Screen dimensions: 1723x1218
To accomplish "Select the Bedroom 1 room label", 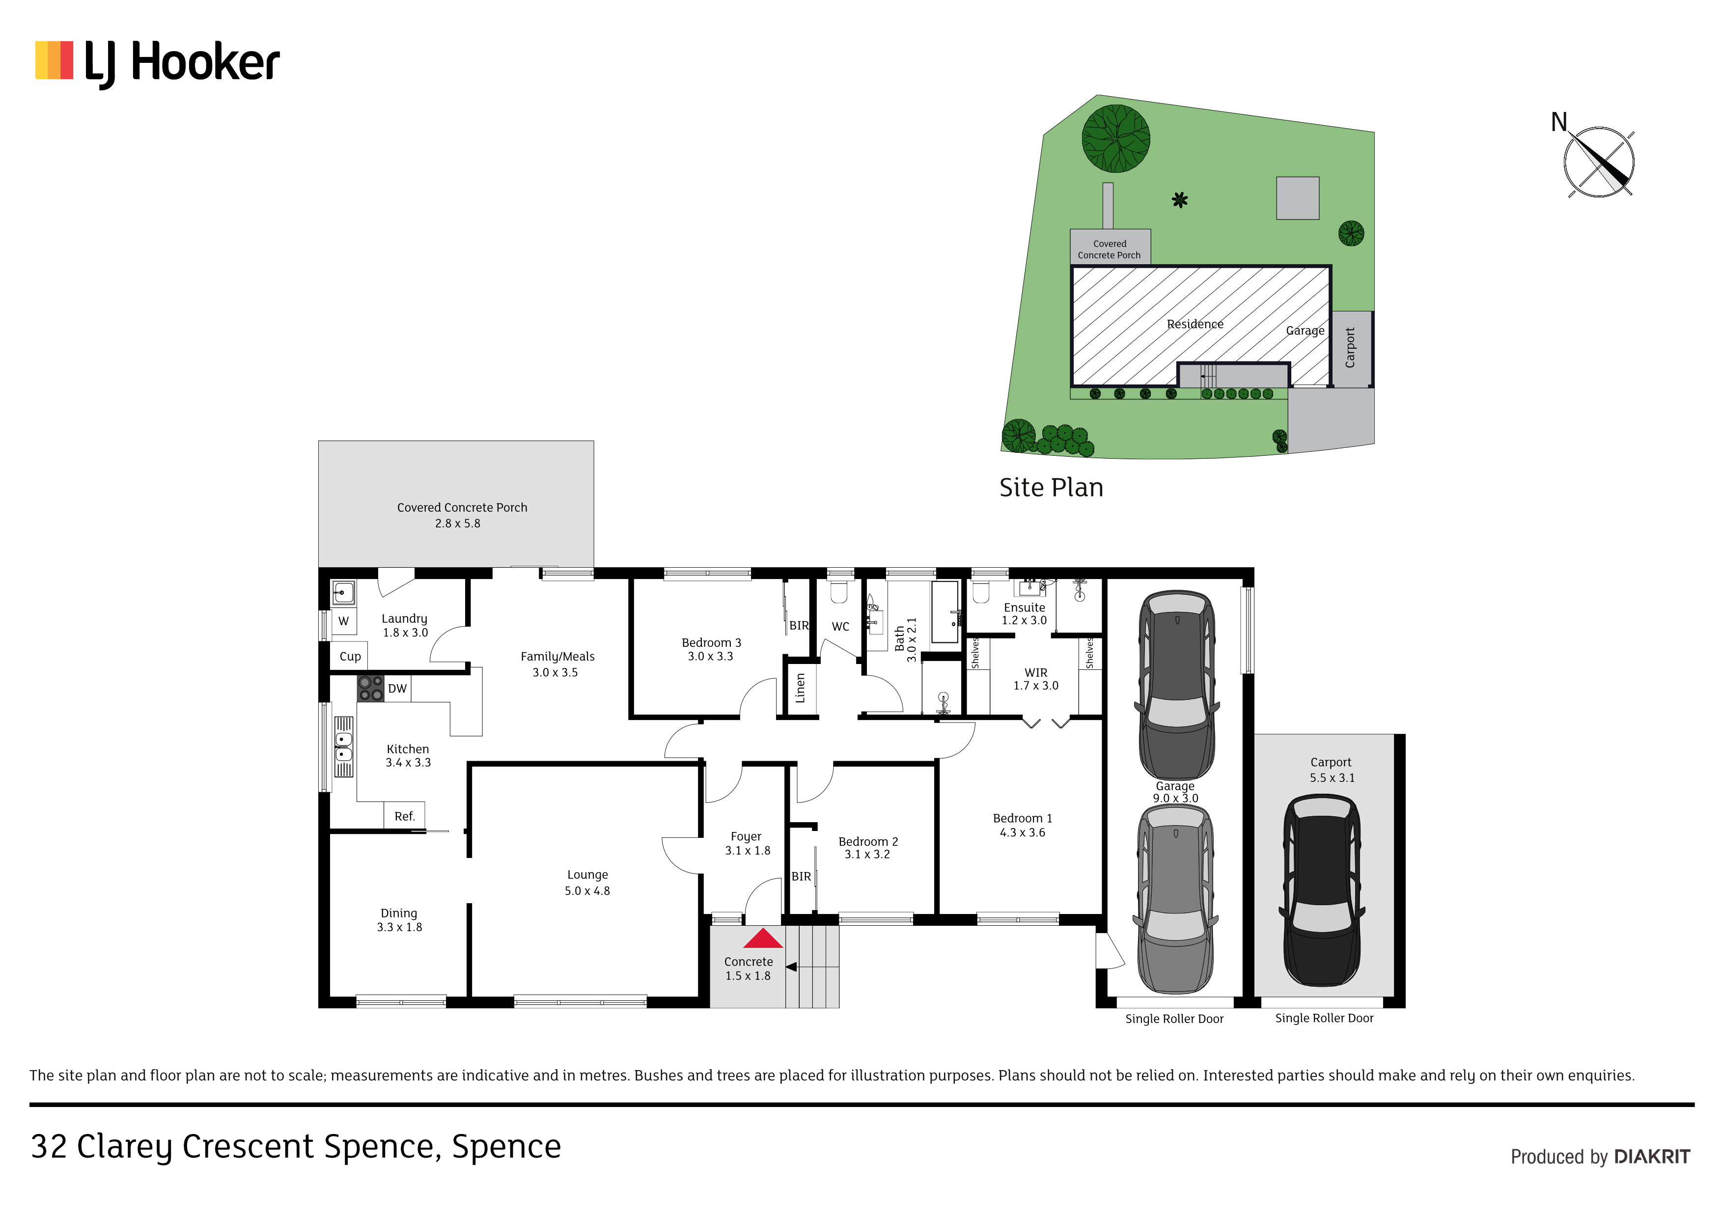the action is point(1022,825).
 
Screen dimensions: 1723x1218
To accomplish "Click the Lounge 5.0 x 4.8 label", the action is point(587,883).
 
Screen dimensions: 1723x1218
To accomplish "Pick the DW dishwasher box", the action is point(397,688).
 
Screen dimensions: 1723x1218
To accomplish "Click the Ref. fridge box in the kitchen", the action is point(405,816).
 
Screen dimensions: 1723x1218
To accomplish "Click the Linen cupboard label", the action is point(801,688).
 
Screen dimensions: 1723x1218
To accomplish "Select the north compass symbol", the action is point(1599,162).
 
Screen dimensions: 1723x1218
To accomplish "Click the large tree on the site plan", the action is point(1116,138).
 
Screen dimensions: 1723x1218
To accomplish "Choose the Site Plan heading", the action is point(1052,487).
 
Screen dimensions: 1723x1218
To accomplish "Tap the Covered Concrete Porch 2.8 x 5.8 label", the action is point(462,515).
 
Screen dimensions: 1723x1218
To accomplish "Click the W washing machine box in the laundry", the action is point(344,621).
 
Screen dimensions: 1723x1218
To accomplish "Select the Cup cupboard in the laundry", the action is point(350,656).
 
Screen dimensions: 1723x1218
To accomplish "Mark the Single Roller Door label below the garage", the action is point(1174,1019).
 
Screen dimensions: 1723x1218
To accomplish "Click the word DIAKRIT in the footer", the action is point(1652,1157).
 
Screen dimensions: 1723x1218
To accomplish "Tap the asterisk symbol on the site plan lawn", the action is point(1180,199).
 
